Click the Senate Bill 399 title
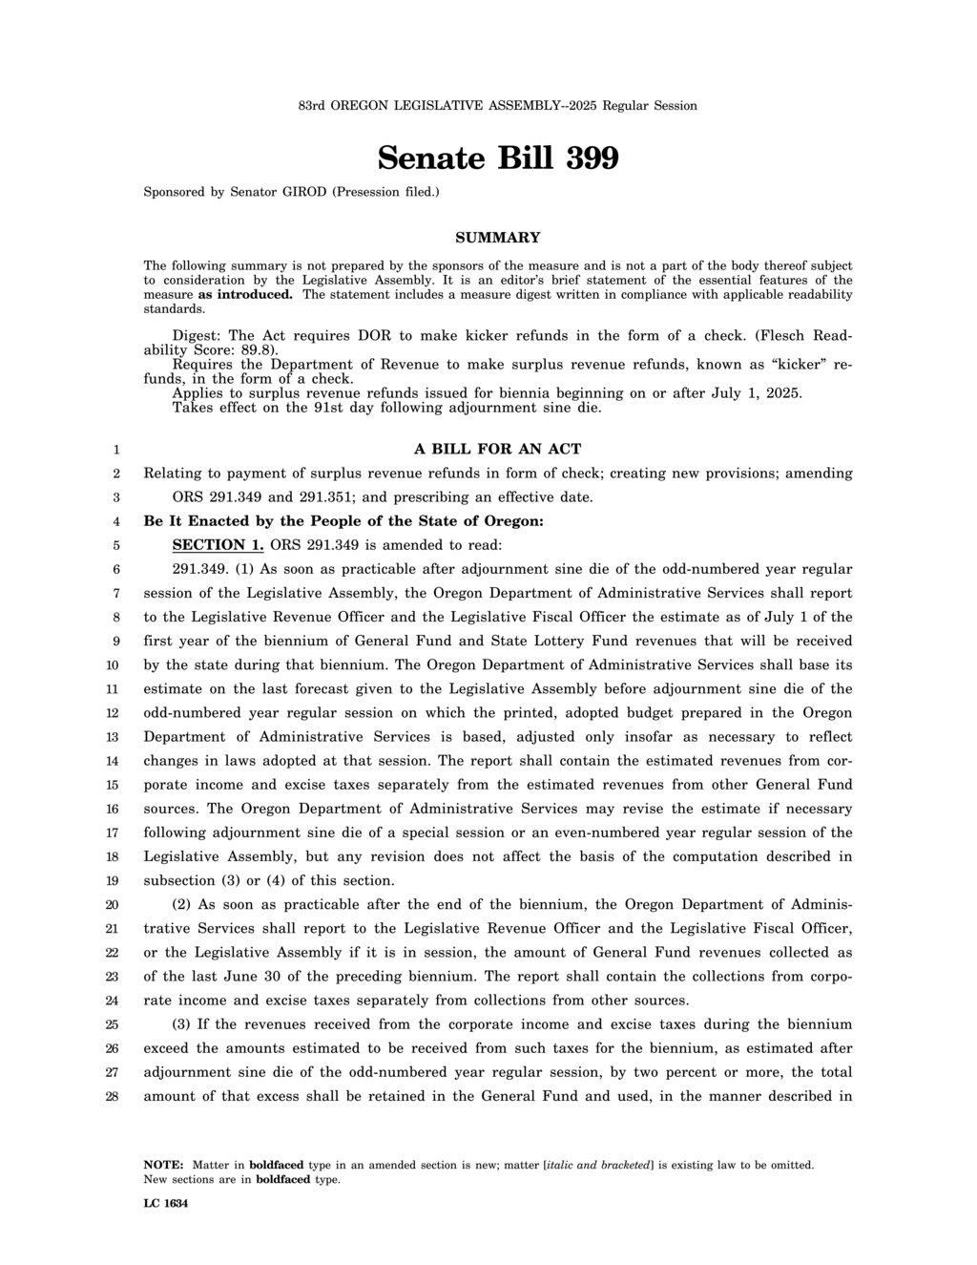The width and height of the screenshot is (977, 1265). [x=497, y=158]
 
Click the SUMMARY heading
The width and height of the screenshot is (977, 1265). [x=497, y=238]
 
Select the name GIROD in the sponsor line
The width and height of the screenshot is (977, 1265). [x=304, y=192]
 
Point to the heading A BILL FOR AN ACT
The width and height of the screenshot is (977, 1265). [x=497, y=449]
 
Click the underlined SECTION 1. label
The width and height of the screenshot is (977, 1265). [x=218, y=545]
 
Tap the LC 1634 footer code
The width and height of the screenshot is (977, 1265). [x=165, y=1204]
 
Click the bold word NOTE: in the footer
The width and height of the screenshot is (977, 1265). [x=163, y=1165]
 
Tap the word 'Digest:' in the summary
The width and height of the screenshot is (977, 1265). [x=197, y=336]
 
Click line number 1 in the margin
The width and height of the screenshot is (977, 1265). [x=115, y=449]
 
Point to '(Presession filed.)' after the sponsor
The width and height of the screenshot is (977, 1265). [x=385, y=192]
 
